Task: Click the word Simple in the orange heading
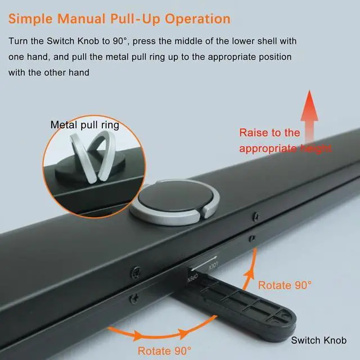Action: click(30, 19)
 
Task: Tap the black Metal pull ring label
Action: click(84, 125)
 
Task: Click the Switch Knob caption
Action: click(318, 340)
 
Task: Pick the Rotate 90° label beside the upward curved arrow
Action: click(285, 285)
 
